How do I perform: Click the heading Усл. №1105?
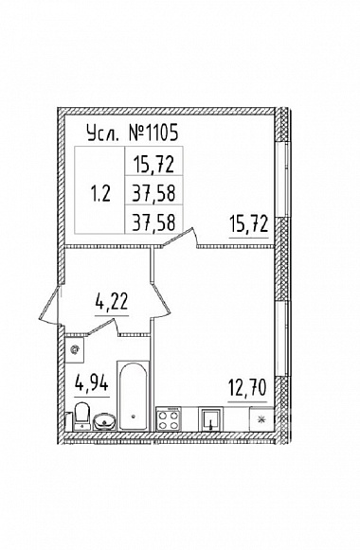[133, 133]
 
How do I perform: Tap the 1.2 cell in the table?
[100, 193]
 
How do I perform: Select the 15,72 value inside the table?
[153, 164]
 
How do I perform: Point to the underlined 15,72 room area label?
[249, 224]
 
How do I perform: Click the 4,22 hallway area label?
[112, 302]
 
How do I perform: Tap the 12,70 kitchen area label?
[247, 387]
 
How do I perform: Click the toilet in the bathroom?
[82, 416]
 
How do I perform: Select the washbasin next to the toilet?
[104, 421]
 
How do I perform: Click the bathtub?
[133, 396]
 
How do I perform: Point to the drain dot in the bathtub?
[133, 417]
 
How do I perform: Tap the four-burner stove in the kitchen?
[169, 418]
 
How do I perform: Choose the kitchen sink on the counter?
[210, 418]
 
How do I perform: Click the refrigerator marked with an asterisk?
[261, 418]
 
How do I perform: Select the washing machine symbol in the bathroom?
[75, 349]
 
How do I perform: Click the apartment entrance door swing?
[50, 305]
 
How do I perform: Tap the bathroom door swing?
[102, 327]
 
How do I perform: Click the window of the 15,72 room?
[282, 179]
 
